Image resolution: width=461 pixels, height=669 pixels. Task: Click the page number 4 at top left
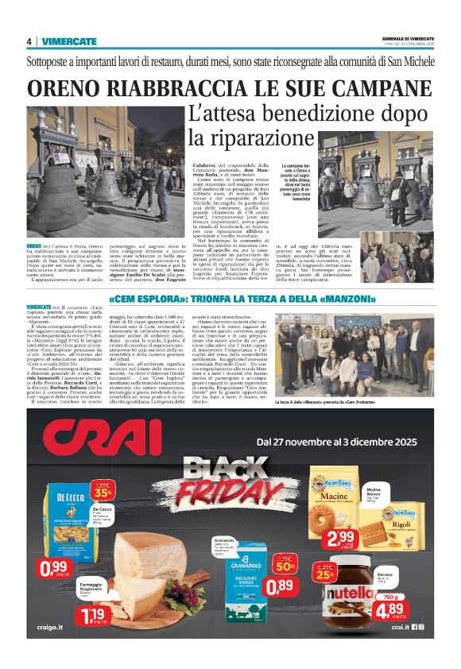29,42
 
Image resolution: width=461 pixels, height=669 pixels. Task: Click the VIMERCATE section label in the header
69,42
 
